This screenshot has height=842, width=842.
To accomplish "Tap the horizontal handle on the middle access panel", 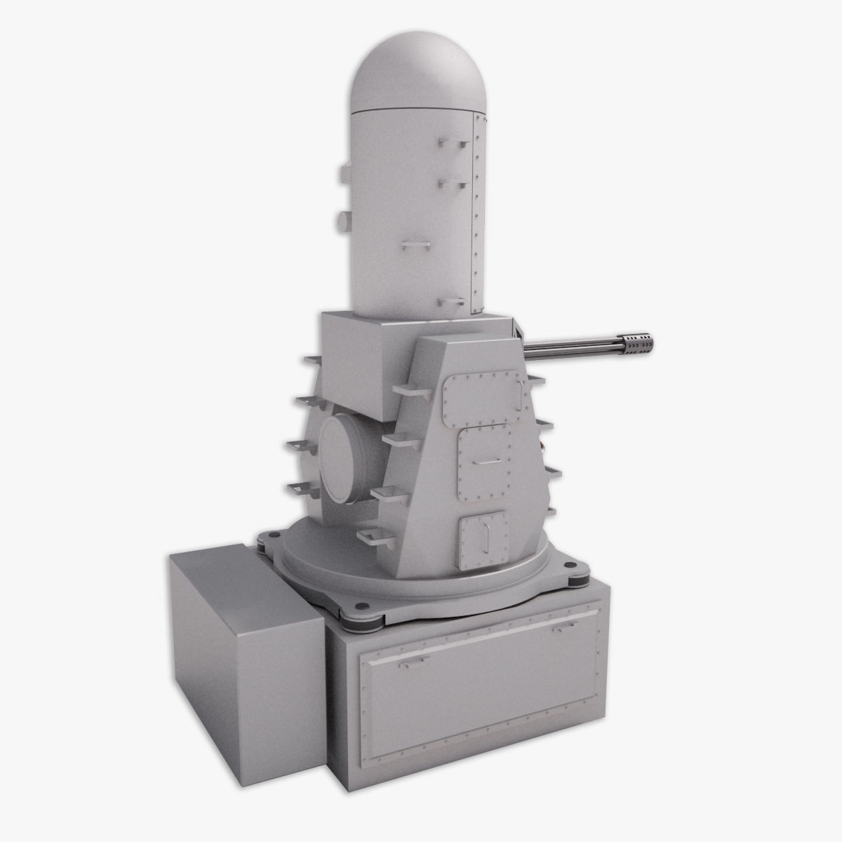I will [x=483, y=461].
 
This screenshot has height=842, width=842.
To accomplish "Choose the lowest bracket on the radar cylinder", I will [x=449, y=303].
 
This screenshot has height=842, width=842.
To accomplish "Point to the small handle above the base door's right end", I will [x=561, y=630].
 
